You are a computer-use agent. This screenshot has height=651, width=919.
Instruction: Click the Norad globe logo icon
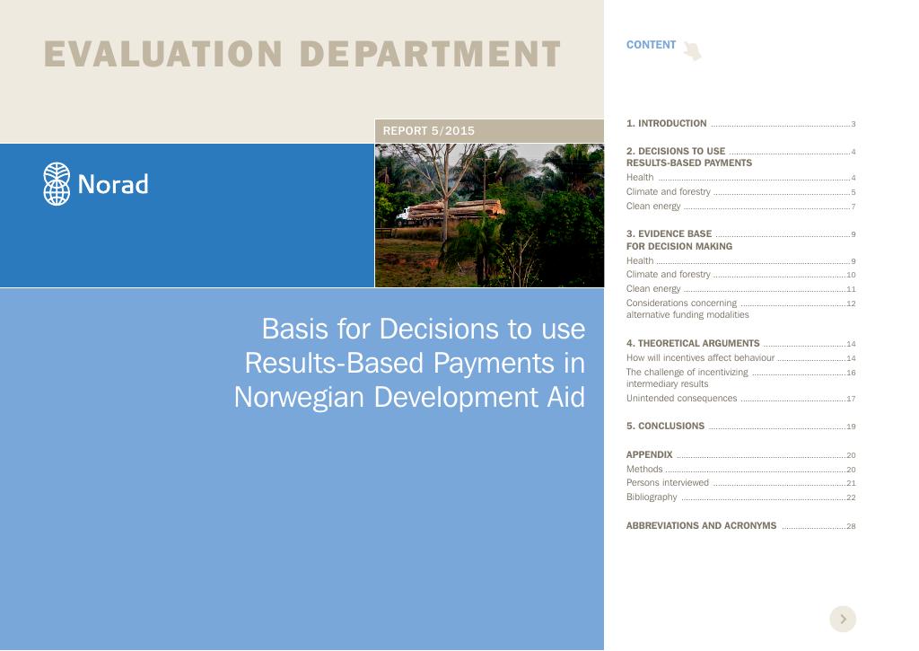(x=57, y=183)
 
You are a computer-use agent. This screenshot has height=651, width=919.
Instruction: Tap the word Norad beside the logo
(x=113, y=184)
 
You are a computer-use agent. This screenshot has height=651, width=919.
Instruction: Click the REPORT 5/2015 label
(x=428, y=131)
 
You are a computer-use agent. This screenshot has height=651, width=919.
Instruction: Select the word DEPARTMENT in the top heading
(x=430, y=54)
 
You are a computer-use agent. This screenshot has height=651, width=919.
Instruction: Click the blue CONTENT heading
(x=651, y=45)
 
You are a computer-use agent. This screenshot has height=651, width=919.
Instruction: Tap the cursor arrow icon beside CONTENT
(x=692, y=50)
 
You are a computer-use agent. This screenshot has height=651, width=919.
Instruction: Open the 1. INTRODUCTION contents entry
(x=667, y=123)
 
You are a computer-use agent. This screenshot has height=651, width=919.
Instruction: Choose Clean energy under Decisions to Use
(x=653, y=206)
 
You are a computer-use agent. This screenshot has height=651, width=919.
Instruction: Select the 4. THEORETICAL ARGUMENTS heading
(x=693, y=343)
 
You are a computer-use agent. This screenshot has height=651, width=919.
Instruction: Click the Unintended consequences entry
(x=682, y=398)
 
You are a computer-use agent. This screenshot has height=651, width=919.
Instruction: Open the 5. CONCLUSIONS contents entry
(x=665, y=426)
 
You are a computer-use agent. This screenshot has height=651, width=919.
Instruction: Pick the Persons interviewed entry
(x=667, y=483)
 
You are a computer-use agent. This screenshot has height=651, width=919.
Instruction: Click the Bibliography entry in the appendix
(x=652, y=497)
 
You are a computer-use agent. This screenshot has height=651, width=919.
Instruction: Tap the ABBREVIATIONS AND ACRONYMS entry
(x=701, y=525)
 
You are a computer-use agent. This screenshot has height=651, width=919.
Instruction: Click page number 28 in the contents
(x=851, y=526)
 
